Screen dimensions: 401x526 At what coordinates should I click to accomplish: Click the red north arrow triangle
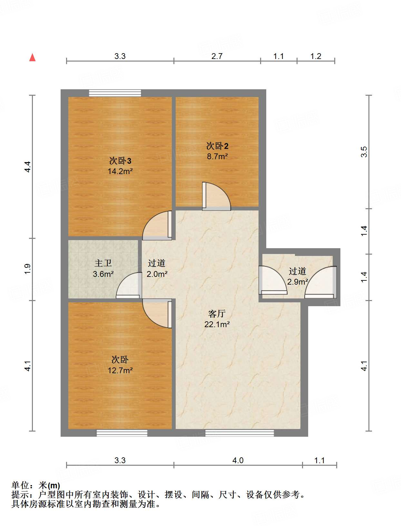coord(32,57)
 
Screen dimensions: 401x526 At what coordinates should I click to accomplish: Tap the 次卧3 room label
coord(120,161)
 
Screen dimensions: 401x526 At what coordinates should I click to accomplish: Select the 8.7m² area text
coord(217,157)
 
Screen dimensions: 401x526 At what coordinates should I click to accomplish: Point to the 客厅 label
coord(217,314)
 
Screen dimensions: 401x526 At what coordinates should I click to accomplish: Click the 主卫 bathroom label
coord(103,263)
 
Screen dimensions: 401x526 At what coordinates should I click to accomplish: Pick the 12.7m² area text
coord(120,370)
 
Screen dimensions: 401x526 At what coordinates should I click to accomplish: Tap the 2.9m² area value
coord(298,282)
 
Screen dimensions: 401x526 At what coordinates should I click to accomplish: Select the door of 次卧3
coord(157,225)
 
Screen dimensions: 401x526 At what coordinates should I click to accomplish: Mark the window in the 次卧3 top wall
coord(115,93)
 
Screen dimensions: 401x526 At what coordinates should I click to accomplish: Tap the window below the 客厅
coord(240,433)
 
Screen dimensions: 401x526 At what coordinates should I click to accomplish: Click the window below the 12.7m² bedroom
coord(122,433)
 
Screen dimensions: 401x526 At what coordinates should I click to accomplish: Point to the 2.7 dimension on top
coord(217,56)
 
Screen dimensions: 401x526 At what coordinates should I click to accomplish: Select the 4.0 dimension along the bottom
coord(238,460)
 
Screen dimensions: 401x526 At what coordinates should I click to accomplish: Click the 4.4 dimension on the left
coord(28,167)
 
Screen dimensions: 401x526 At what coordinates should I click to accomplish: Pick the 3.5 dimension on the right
coord(364,152)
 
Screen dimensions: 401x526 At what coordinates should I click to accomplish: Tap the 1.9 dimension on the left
coord(28,269)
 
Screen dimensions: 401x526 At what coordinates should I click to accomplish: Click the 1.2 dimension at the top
coord(316,56)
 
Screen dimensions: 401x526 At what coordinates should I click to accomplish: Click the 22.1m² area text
coord(217,325)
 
